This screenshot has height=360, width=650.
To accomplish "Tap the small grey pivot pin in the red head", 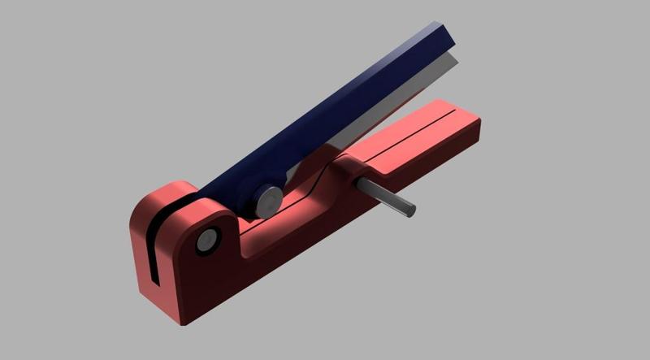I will [x=207, y=239].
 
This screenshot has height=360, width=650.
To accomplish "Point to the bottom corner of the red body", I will [x=186, y=321].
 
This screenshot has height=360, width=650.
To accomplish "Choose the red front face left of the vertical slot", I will [x=140, y=252].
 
